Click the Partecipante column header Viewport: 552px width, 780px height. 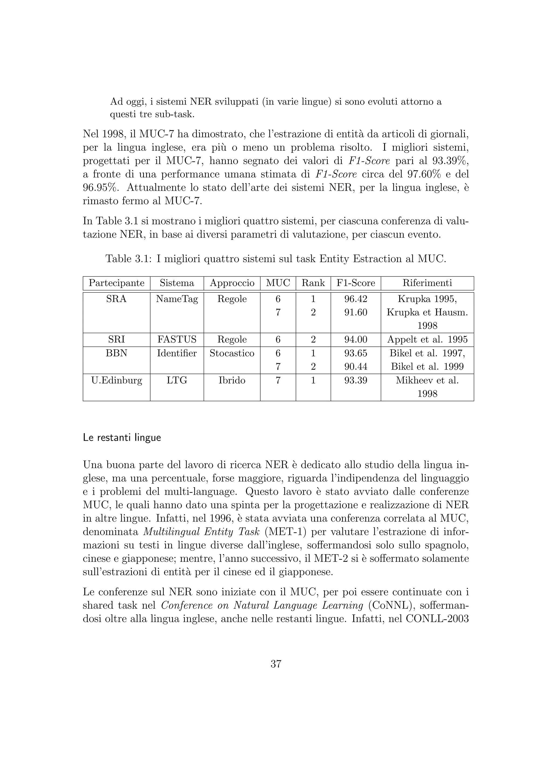[117, 283]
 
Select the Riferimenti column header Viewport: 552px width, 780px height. [427, 283]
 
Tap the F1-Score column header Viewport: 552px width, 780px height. [356, 283]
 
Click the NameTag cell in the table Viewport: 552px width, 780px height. [177, 299]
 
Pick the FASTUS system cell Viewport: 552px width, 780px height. [177, 339]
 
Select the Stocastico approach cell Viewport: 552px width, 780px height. [232, 353]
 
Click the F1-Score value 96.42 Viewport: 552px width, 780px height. [356, 299]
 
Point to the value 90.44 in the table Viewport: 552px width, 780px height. [356, 367]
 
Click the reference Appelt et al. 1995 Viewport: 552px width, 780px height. [427, 339]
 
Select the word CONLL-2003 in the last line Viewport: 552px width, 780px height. [437, 619]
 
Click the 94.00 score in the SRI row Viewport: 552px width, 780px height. [356, 339]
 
